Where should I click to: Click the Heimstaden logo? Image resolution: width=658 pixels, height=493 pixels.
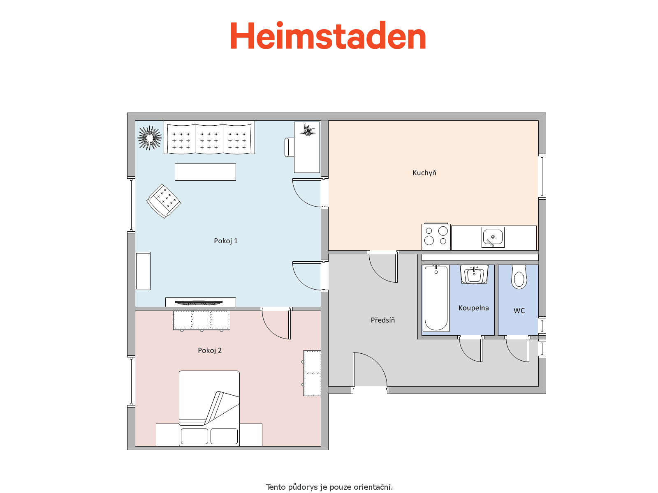[x=328, y=36]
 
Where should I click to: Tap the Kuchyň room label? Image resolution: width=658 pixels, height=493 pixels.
[x=424, y=173]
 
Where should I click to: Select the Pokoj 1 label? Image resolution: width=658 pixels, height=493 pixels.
[x=226, y=241]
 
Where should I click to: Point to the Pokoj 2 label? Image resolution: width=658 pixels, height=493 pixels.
[x=210, y=350]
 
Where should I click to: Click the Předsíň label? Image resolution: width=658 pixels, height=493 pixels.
[x=383, y=320]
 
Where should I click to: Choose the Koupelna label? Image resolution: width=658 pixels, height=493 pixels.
[x=474, y=308]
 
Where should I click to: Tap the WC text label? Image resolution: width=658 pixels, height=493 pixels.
[x=519, y=311]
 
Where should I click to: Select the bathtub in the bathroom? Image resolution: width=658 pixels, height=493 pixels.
[x=436, y=298]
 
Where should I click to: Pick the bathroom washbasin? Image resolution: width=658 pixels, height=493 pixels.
[x=474, y=274]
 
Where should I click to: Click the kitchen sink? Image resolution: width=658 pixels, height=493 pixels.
[x=493, y=237]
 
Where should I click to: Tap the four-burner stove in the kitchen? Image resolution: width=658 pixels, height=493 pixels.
[x=436, y=236]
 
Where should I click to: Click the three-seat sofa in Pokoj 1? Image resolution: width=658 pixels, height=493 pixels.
[x=209, y=138]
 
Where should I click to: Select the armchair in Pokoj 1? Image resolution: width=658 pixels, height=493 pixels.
[x=164, y=201]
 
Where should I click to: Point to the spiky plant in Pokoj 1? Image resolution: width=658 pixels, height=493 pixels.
[x=149, y=138]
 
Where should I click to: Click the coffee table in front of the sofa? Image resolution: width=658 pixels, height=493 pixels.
[x=205, y=172]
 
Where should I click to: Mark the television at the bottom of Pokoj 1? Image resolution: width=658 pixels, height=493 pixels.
[x=199, y=303]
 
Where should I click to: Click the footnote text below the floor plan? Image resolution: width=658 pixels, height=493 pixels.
[x=329, y=487]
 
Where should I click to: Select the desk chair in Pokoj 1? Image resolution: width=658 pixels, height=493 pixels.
[x=289, y=147]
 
